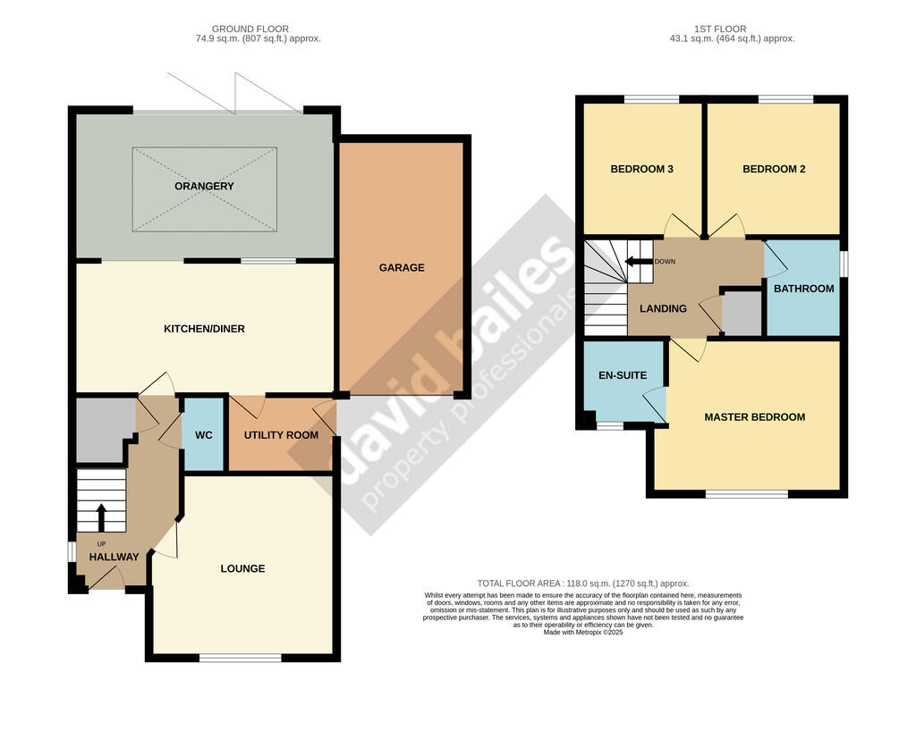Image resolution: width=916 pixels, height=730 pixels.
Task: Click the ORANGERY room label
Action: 204,186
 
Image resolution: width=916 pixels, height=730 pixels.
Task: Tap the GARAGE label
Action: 402,268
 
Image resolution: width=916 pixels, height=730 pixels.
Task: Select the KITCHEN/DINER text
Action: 204,329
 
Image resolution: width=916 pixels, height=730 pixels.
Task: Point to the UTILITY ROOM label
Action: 281,435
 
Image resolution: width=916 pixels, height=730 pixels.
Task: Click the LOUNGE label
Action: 242,568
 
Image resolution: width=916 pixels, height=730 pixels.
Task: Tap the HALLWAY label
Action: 114,558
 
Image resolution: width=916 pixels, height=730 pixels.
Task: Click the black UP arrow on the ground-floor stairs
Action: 101,518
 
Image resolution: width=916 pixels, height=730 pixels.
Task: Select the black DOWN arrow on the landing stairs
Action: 639,262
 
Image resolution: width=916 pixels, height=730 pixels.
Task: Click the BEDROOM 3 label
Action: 641,169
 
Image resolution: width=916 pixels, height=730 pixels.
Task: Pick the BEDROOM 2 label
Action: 774,169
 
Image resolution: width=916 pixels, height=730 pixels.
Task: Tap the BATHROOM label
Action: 804,289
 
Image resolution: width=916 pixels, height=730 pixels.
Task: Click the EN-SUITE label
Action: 623,375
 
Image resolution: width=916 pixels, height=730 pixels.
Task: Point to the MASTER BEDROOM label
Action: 755,417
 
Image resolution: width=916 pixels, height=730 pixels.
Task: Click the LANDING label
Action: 663,308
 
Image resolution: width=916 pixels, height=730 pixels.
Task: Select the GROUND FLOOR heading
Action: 250,29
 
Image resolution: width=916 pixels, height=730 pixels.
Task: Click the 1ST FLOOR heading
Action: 720,29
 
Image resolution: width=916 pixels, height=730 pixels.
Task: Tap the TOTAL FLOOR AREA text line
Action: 583,583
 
